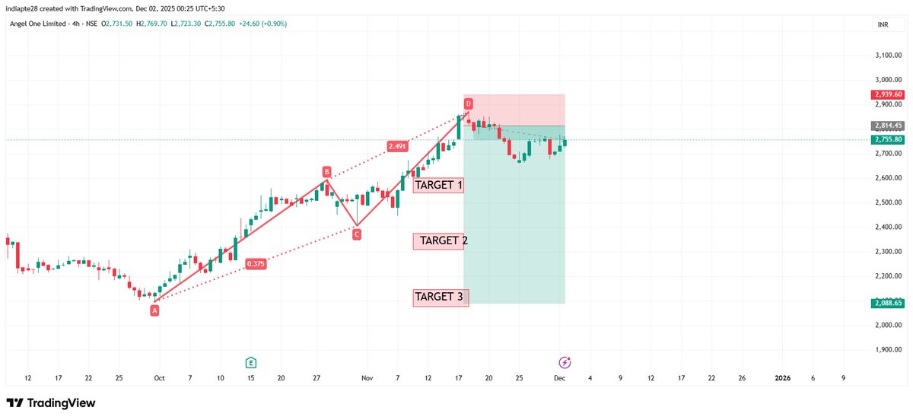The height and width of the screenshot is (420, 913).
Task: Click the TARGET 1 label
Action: point(438,185)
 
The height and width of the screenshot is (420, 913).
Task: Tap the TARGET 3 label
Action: point(441,297)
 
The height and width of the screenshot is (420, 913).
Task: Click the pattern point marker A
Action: point(154,310)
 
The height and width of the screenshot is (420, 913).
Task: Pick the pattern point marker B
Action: point(326,172)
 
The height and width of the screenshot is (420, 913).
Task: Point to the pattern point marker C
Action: point(356,234)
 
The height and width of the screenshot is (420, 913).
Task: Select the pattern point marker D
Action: point(469,103)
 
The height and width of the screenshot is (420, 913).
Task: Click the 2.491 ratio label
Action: point(396,146)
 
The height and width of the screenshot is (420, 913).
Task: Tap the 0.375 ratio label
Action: point(256,264)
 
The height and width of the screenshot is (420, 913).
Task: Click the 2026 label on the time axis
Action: point(781,378)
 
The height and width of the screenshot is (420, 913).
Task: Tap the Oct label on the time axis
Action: point(159,378)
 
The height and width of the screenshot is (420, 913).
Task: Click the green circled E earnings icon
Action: point(250,362)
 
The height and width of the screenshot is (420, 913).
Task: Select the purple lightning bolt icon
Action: point(565,362)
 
